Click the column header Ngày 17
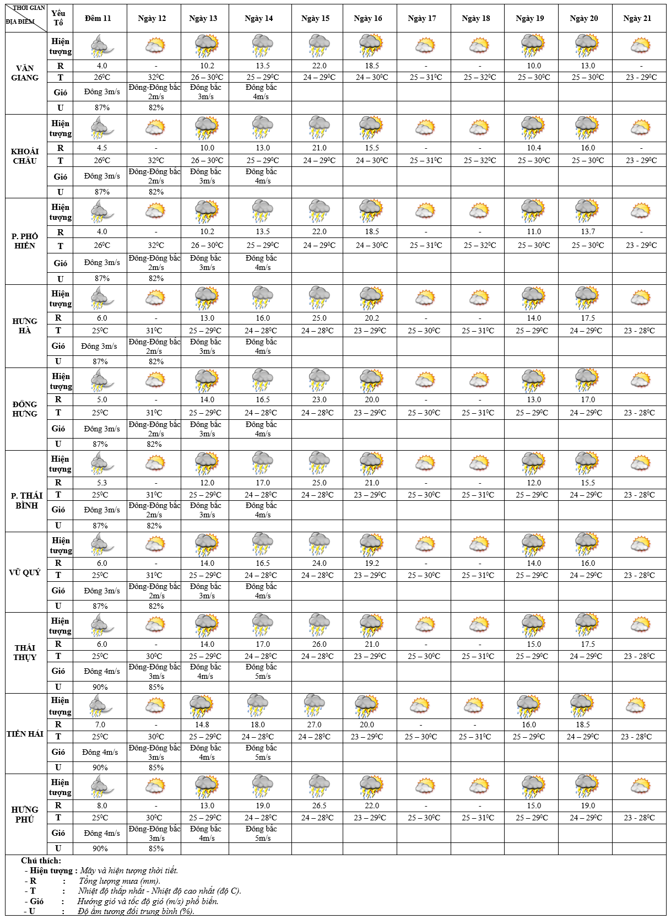tap(422, 18)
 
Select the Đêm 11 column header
tap(98, 18)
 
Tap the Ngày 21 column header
tap(637, 18)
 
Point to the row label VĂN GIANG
tap(25, 73)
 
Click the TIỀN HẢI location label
tap(25, 734)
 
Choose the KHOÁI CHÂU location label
tap(25, 156)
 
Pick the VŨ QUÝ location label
tap(25, 572)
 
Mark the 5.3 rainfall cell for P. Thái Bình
tap(100, 483)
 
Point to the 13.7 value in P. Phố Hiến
tap(588, 232)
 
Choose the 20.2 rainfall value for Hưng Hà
tap(372, 318)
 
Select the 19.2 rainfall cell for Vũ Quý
tap(372, 563)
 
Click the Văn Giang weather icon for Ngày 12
tap(155, 46)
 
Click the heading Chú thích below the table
tap(41, 861)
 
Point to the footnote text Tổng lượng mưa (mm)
tap(119, 881)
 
